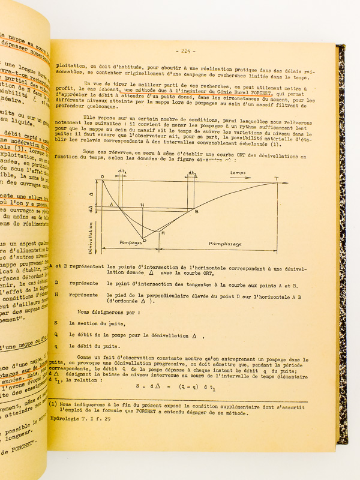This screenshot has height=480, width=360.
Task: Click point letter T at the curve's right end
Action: [276, 178]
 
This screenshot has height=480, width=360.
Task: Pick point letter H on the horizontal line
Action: [142, 205]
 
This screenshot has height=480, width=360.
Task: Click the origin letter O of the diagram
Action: [102, 176]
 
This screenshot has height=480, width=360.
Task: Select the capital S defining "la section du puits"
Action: [56, 322]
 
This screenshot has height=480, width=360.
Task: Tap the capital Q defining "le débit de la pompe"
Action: [56, 334]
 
